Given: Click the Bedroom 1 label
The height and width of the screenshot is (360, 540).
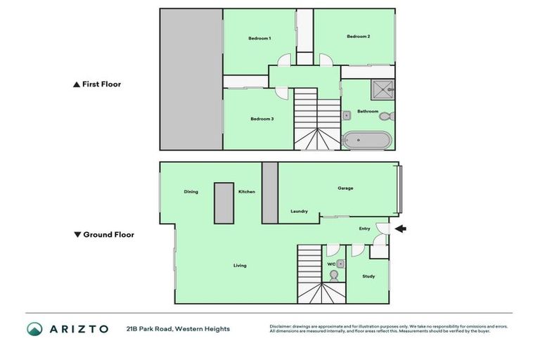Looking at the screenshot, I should pyautogui.click(x=259, y=38).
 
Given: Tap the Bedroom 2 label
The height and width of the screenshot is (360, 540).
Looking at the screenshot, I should pyautogui.click(x=358, y=36).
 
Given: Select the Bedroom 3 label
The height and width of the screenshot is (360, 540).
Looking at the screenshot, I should pyautogui.click(x=262, y=119).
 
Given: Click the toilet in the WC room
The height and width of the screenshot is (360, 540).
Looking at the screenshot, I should pyautogui.click(x=333, y=276).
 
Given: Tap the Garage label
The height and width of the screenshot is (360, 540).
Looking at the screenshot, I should pyautogui.click(x=345, y=188).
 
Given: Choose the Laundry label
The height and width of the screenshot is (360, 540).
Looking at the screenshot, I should pyautogui.click(x=299, y=211).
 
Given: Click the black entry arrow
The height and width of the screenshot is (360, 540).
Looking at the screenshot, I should pyautogui.click(x=401, y=229).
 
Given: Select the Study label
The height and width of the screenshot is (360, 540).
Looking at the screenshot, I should pyautogui.click(x=368, y=276).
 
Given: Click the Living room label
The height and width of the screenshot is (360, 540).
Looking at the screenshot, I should pyautogui.click(x=240, y=265).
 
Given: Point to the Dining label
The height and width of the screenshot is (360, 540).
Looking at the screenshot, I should pyautogui.click(x=191, y=191).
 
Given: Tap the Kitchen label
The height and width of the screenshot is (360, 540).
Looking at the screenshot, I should pyautogui.click(x=246, y=191).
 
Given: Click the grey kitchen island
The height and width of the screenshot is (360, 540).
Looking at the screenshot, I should pyautogui.click(x=224, y=202).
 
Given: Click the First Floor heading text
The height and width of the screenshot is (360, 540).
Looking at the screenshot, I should pyautogui.click(x=101, y=84).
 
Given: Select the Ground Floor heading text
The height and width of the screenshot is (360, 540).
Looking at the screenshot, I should pyautogui.click(x=108, y=235).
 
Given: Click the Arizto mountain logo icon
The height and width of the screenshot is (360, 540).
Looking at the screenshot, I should pyautogui.click(x=34, y=329).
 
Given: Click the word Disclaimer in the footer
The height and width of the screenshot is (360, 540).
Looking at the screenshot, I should pyautogui.click(x=281, y=326).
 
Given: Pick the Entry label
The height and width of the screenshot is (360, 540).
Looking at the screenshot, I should pyautogui.click(x=364, y=229).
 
